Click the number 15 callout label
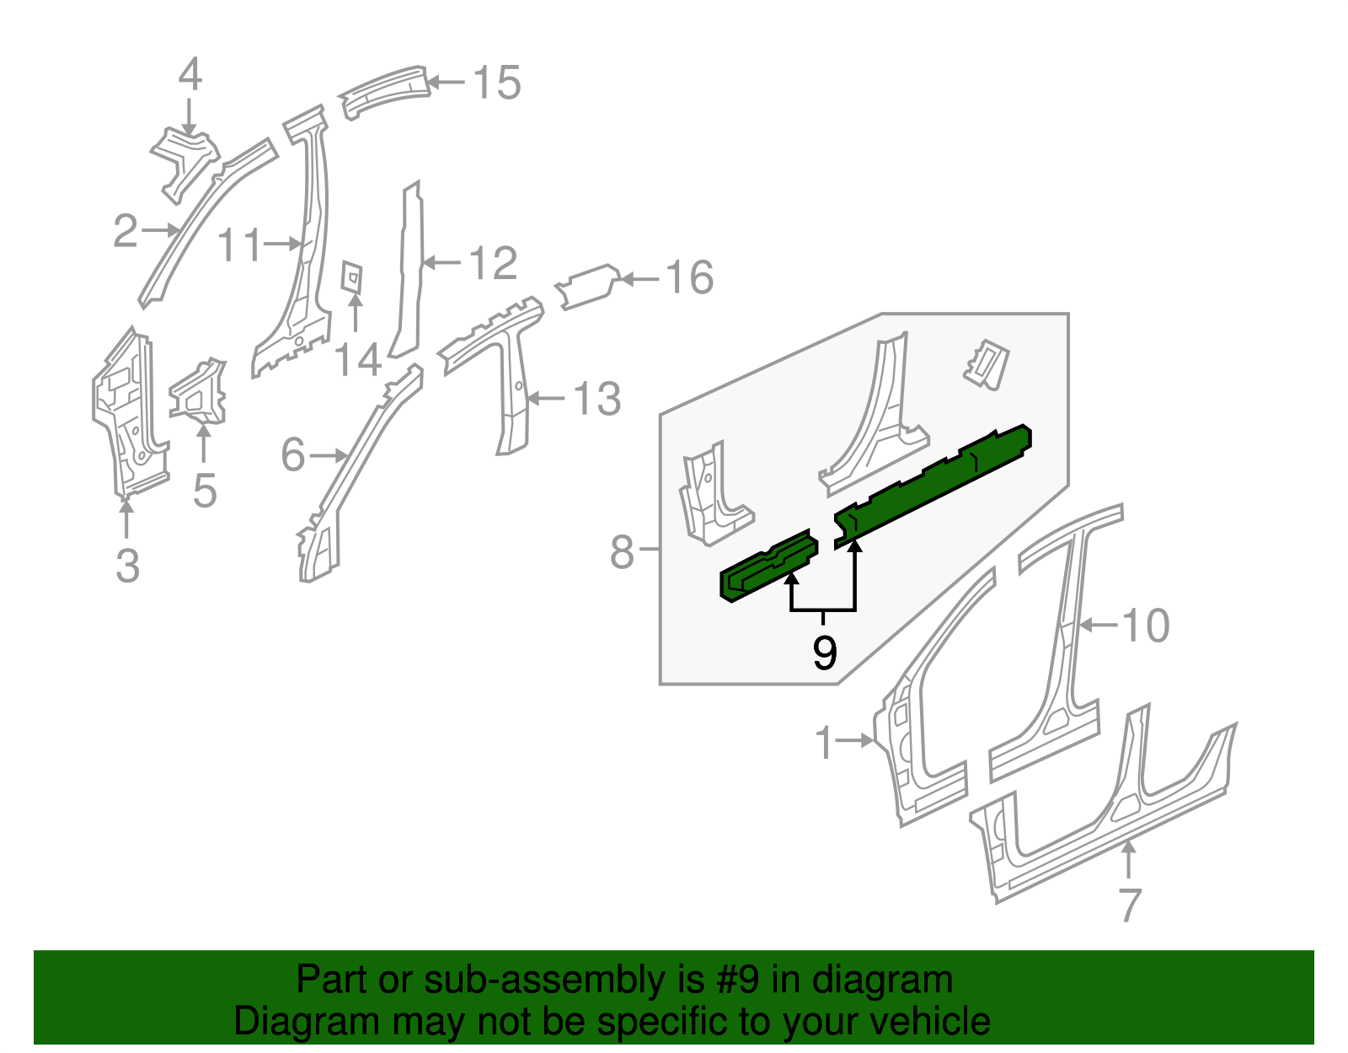pyautogui.click(x=497, y=83)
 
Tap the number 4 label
pyautogui.click(x=190, y=74)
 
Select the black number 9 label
pyautogui.click(x=825, y=653)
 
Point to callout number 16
pyautogui.click(x=689, y=277)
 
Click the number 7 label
pyautogui.click(x=1130, y=905)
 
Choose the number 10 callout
pyautogui.click(x=1147, y=626)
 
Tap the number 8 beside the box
pyautogui.click(x=622, y=553)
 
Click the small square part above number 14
pyautogui.click(x=352, y=277)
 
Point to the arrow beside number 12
pyautogui.click(x=440, y=263)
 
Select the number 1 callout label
pyautogui.click(x=824, y=743)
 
